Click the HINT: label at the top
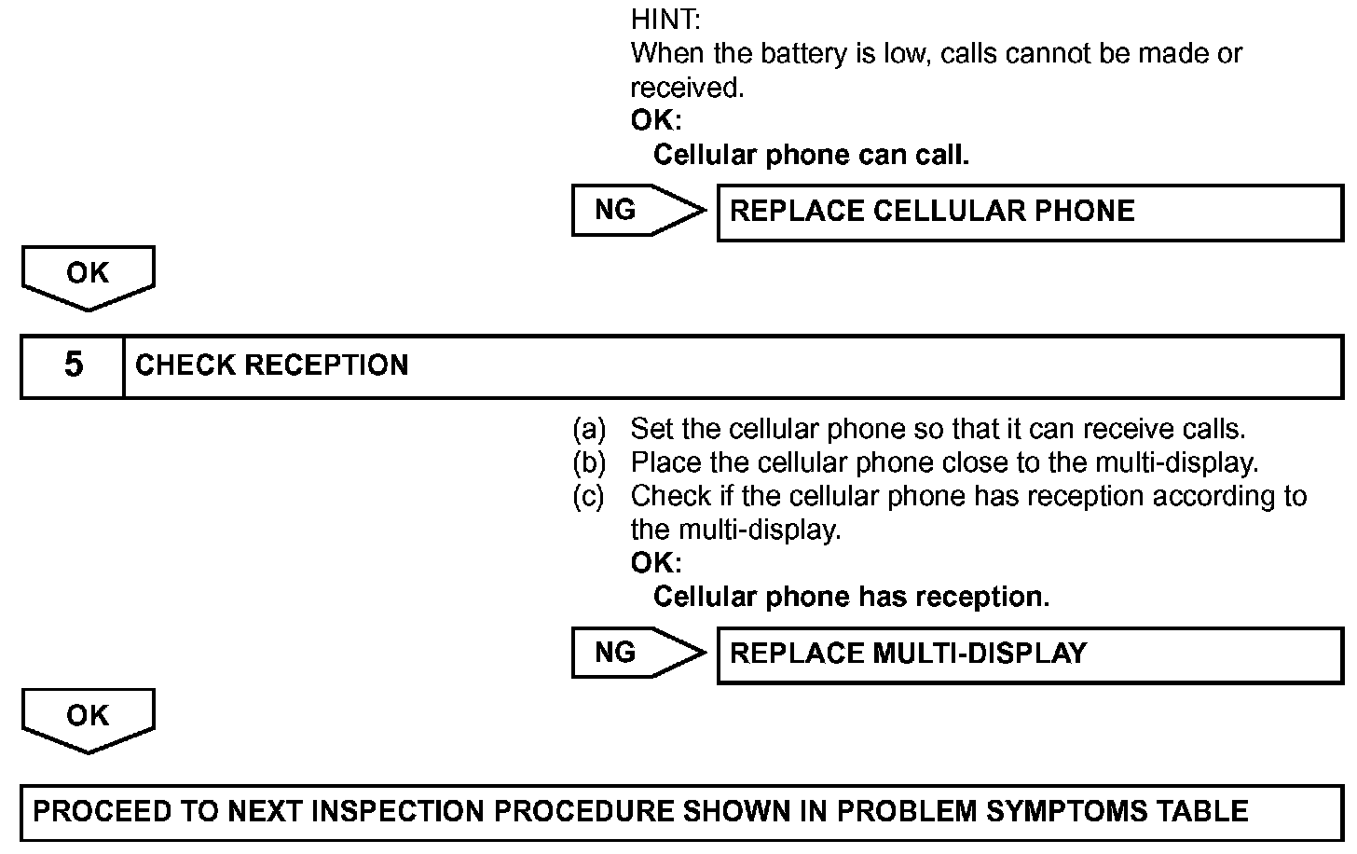click(665, 19)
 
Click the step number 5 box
click(73, 365)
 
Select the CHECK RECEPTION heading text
click(271, 365)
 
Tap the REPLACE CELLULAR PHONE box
click(1029, 212)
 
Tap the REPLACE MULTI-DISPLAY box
click(1029, 654)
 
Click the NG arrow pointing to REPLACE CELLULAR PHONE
click(637, 211)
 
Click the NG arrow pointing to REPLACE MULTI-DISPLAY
click(637, 653)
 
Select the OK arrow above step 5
click(88, 276)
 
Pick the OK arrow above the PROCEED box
click(88, 719)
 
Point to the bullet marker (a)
click(589, 430)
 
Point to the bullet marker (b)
click(589, 463)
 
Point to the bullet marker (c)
click(589, 497)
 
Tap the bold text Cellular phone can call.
click(811, 155)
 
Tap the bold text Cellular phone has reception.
click(851, 597)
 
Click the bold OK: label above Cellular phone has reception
click(656, 563)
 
